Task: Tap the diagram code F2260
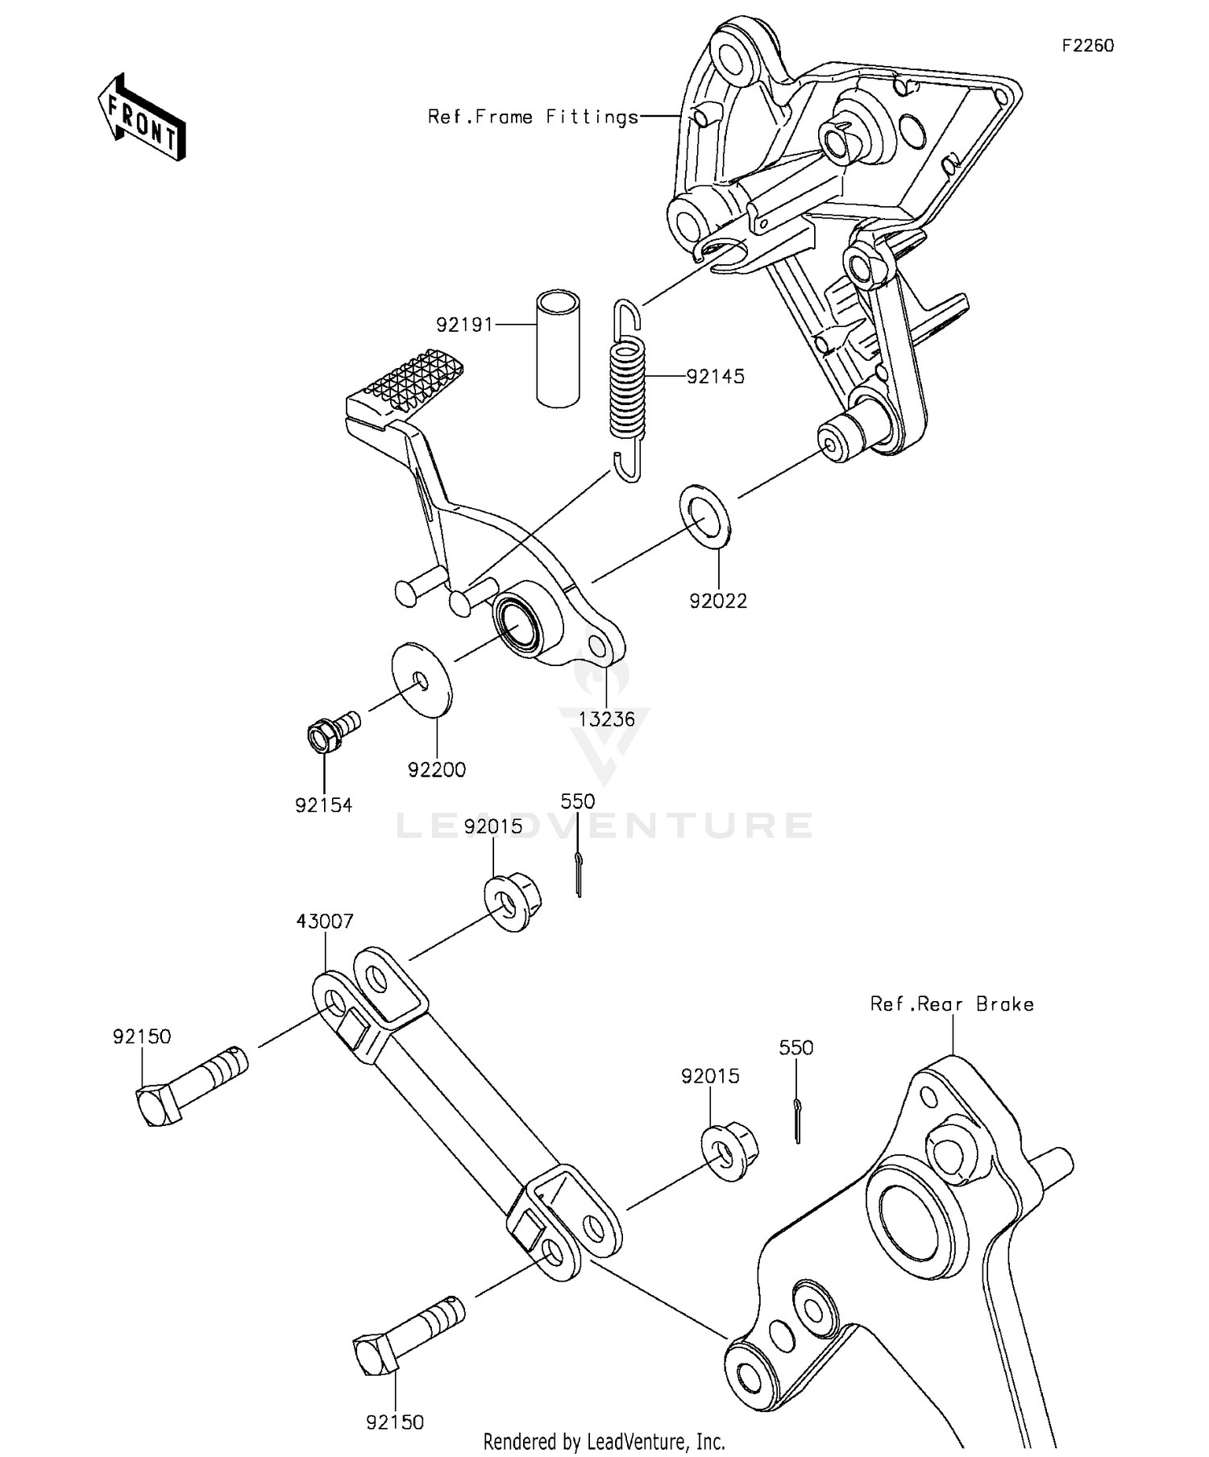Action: coord(1087,46)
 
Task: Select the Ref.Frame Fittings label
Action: coord(533,118)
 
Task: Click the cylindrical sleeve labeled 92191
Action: coord(558,350)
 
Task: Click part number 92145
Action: coord(715,377)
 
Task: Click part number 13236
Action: coord(607,719)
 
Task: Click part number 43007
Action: coord(325,921)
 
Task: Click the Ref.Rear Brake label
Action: coord(951,1004)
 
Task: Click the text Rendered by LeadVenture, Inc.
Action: coord(604,1442)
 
